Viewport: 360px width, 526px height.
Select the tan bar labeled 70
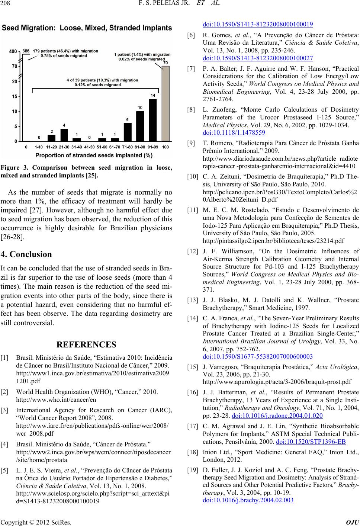point(165,104)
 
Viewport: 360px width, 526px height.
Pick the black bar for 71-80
point(127,132)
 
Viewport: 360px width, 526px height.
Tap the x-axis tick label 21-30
point(64,148)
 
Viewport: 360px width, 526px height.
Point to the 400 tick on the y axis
point(13,51)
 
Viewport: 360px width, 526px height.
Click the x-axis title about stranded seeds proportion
point(91,155)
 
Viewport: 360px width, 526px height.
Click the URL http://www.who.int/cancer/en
point(56,400)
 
